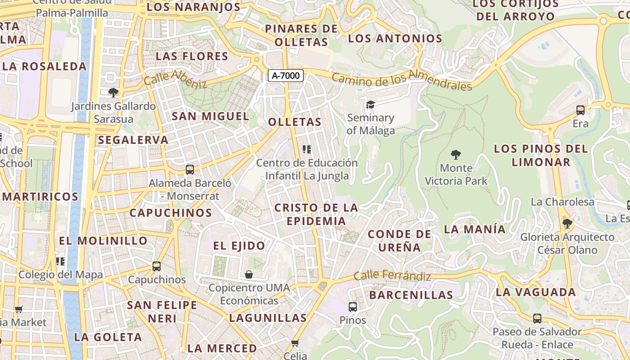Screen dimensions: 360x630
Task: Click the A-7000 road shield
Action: pyautogui.click(x=286, y=76)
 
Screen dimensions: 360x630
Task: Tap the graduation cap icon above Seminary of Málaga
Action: pyautogui.click(x=370, y=104)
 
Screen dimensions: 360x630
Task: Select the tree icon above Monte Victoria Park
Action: pyautogui.click(x=456, y=155)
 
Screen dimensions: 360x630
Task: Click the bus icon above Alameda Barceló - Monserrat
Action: pyautogui.click(x=190, y=170)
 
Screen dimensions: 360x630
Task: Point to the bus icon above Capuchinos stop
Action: pyautogui.click(x=157, y=266)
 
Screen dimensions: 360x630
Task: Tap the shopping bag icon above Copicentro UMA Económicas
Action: pyautogui.click(x=249, y=274)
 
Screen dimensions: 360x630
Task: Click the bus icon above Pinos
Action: pyautogui.click(x=353, y=307)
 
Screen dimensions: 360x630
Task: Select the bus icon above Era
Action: pyautogui.click(x=580, y=110)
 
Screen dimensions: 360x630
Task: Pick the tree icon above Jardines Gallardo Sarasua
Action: pyautogui.click(x=113, y=93)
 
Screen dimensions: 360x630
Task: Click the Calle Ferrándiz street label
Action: pyautogui.click(x=392, y=275)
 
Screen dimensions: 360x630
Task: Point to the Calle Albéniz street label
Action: pyautogui.click(x=175, y=79)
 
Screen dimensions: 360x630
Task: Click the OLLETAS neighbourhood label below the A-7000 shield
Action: pyautogui.click(x=295, y=122)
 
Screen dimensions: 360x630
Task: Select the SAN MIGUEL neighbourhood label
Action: pyautogui.click(x=210, y=116)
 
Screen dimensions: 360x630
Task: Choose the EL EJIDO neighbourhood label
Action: pyautogui.click(x=239, y=246)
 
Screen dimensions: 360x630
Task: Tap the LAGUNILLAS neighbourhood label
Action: pyautogui.click(x=268, y=318)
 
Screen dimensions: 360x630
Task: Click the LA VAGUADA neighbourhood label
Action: pyautogui.click(x=535, y=292)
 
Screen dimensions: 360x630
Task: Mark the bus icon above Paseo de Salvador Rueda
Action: pyautogui.click(x=537, y=319)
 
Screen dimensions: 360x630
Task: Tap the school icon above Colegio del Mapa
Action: pyautogui.click(x=60, y=261)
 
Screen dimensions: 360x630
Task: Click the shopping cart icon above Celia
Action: pyautogui.click(x=295, y=343)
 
